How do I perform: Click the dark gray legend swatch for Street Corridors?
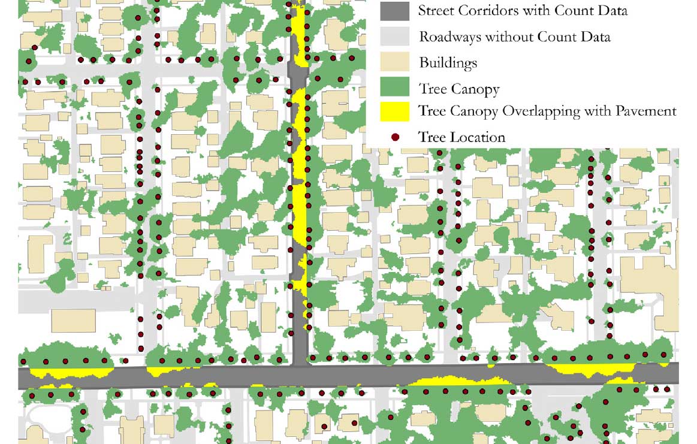395,10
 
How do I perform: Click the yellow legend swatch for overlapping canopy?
395,111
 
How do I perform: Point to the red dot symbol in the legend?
395,137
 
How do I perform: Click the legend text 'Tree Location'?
461,137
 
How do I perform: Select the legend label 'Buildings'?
448,62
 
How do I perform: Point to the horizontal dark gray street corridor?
180,378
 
